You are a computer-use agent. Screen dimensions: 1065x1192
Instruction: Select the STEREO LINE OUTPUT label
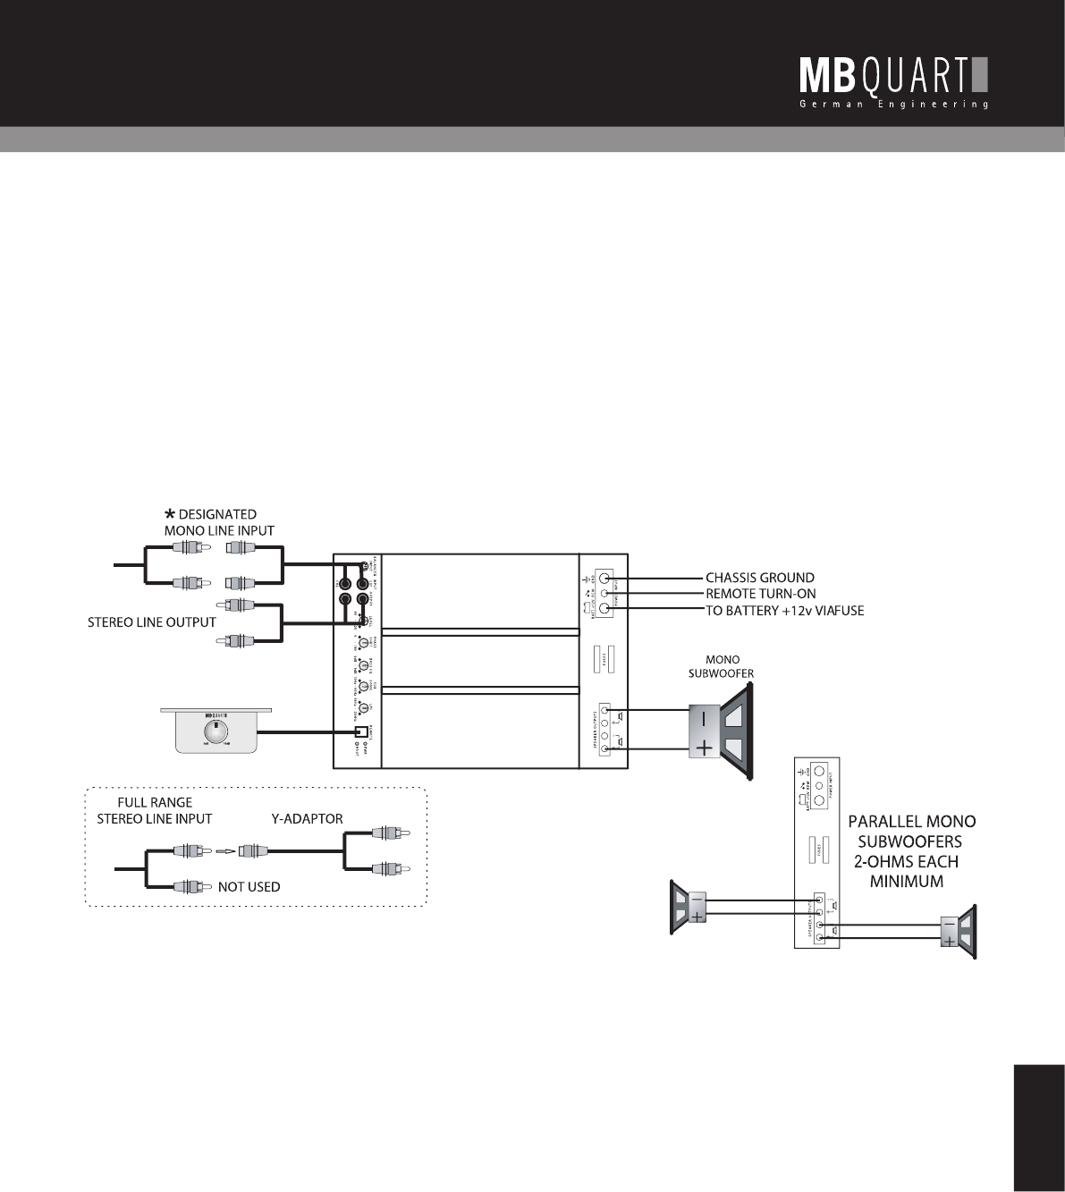coord(151,621)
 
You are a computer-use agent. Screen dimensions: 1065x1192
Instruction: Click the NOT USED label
coord(249,887)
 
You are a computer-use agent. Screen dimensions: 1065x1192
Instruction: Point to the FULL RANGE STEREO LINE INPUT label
coord(154,810)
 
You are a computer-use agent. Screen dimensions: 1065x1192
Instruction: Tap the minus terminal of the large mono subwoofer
coord(705,718)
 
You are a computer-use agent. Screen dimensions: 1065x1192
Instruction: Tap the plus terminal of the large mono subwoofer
coord(705,748)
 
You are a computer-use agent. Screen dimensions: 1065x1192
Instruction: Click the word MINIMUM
coord(909,883)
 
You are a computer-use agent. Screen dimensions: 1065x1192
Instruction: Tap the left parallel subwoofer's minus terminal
coord(697,899)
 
